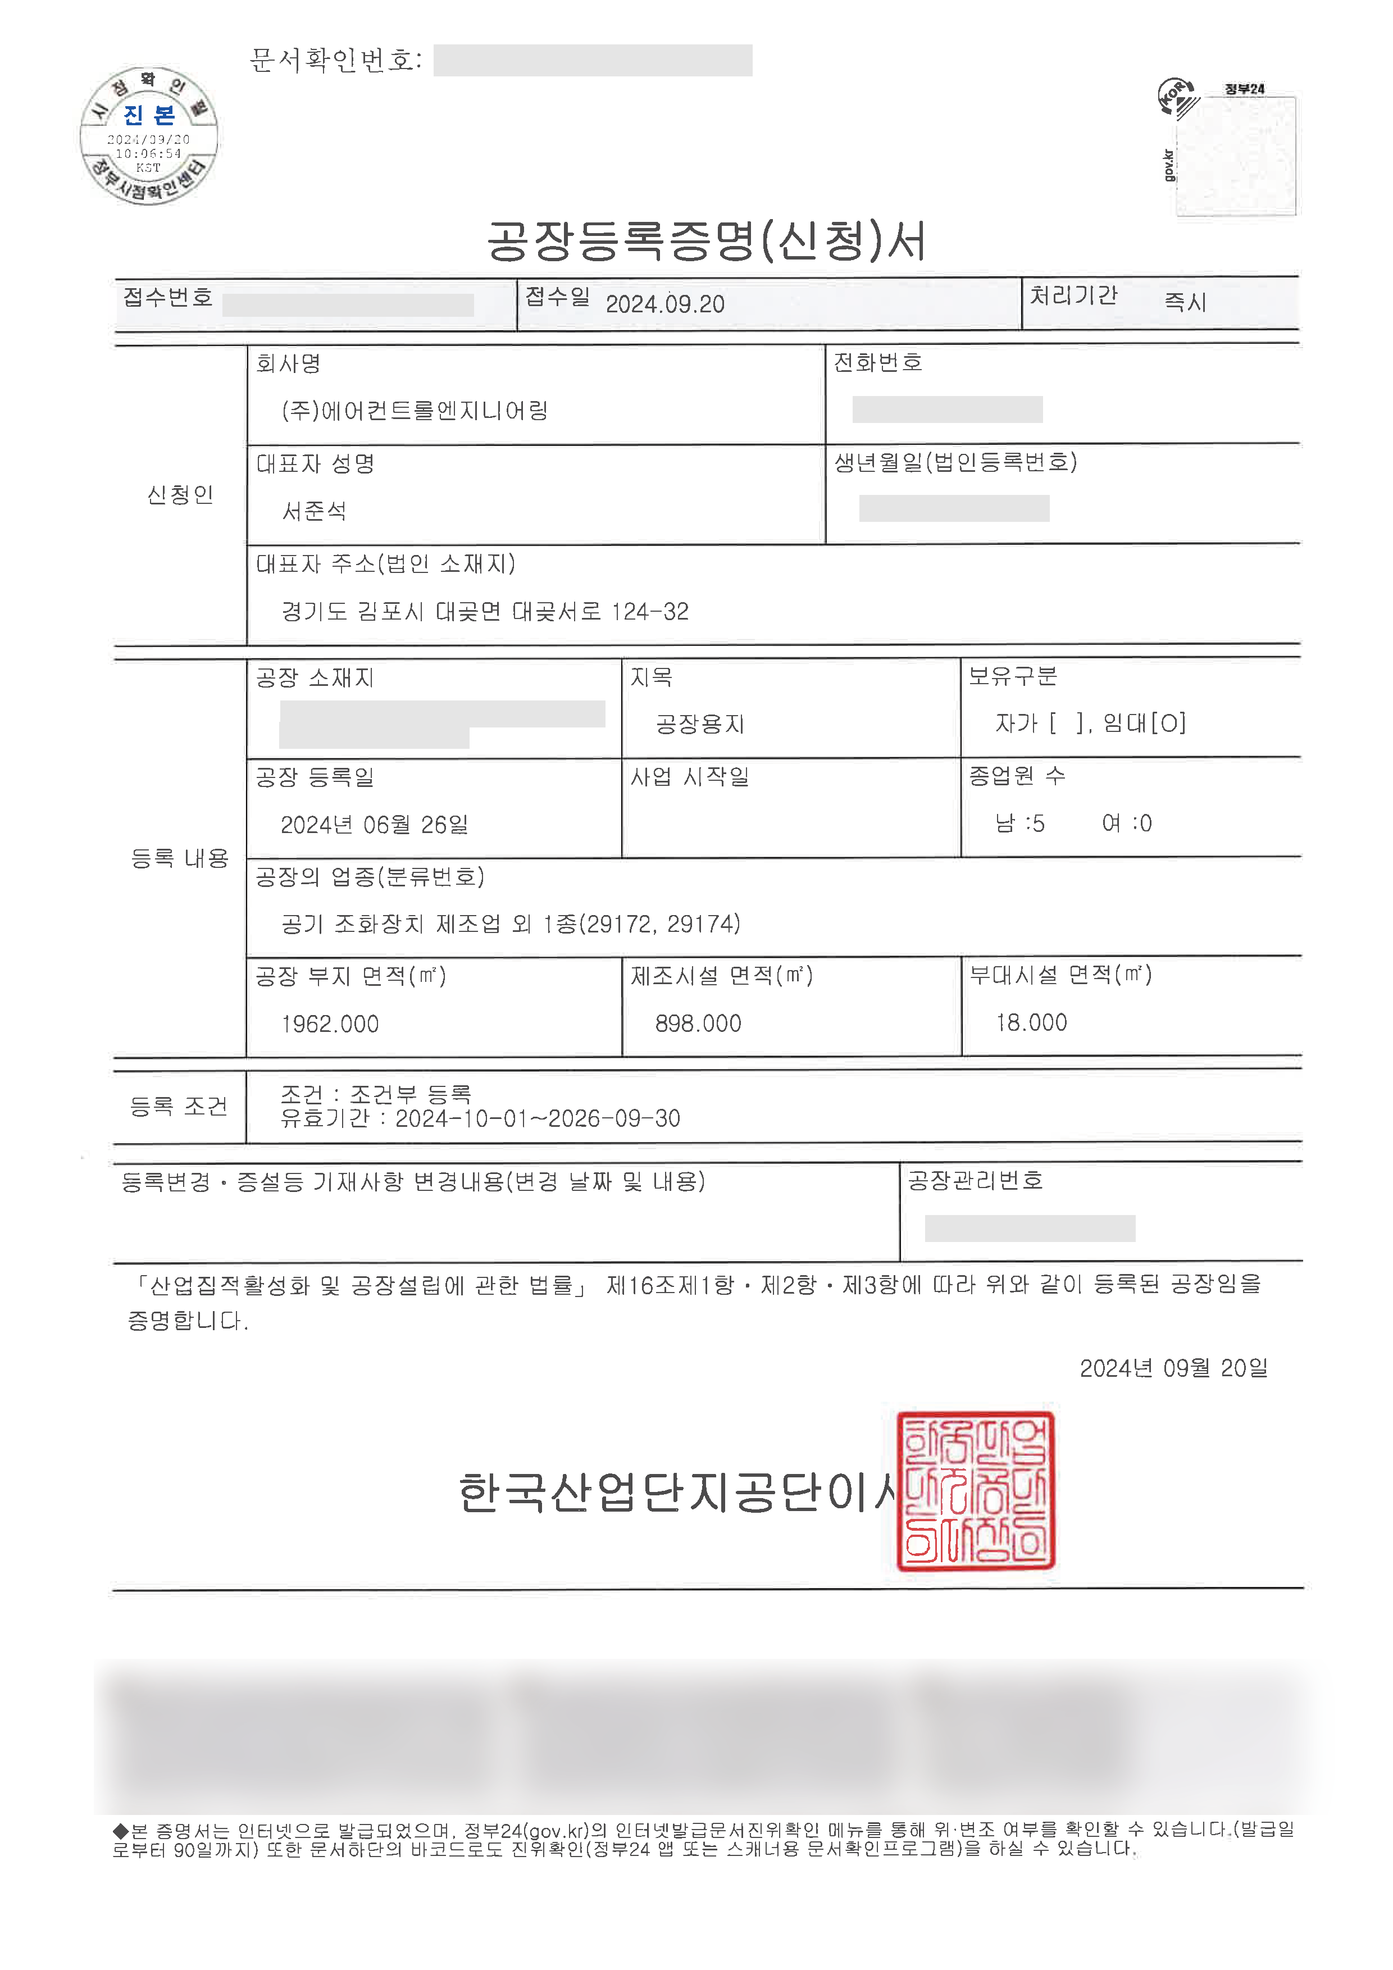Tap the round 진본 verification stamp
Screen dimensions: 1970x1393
[x=149, y=135]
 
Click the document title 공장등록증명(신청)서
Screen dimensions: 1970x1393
[x=706, y=241]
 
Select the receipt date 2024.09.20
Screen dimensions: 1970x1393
[x=664, y=304]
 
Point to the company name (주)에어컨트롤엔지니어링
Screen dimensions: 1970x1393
[x=415, y=411]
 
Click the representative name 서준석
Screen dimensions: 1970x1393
[x=314, y=511]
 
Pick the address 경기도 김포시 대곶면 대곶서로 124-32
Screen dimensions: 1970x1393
[x=485, y=612]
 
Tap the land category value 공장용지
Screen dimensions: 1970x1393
[x=700, y=724]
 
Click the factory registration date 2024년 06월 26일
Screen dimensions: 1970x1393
[x=374, y=825]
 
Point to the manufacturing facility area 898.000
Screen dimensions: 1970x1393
[x=698, y=1023]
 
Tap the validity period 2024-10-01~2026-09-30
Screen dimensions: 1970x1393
[x=537, y=1119]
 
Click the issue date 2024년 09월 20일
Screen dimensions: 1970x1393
[x=1173, y=1368]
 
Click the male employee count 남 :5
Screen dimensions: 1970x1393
[x=1020, y=824]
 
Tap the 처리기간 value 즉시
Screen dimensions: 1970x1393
[x=1185, y=302]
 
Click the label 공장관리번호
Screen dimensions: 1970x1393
[x=975, y=1181]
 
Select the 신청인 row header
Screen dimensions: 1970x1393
[x=180, y=495]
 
